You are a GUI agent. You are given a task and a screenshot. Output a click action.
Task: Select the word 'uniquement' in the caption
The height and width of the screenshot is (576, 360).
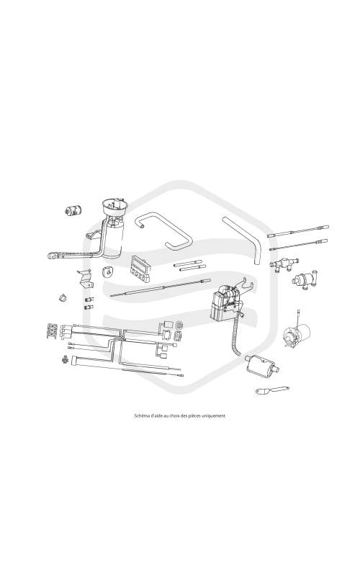click(x=214, y=416)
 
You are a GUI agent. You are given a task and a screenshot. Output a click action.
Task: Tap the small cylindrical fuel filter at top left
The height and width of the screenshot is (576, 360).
click(x=73, y=210)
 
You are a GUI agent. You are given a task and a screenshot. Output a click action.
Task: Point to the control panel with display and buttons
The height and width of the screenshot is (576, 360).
click(x=140, y=269)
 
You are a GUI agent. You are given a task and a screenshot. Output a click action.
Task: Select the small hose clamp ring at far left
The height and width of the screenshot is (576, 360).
click(x=63, y=297)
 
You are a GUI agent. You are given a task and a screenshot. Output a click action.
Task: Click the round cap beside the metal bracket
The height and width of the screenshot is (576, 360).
click(x=108, y=272)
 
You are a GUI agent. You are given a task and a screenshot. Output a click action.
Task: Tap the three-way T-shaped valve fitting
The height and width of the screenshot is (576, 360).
click(x=284, y=264)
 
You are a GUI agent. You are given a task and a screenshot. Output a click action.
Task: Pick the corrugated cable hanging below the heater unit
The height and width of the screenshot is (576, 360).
click(x=236, y=336)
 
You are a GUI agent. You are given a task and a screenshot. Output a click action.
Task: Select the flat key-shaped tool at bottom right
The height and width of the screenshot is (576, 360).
click(x=272, y=390)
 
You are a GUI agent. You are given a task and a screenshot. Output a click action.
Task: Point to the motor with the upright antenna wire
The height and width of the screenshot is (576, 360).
click(x=296, y=333)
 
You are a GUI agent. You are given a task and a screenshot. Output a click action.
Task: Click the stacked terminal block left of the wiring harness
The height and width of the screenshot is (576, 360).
click(x=51, y=330)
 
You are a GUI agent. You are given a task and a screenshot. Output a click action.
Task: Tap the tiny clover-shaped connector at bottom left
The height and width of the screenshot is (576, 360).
click(x=65, y=359)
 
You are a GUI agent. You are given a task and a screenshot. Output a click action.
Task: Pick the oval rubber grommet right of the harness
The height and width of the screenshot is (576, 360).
click(x=179, y=325)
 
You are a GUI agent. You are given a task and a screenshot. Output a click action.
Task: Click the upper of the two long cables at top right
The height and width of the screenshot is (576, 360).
click(x=298, y=231)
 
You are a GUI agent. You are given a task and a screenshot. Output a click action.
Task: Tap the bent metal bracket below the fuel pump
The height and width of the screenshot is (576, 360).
click(x=85, y=279)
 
